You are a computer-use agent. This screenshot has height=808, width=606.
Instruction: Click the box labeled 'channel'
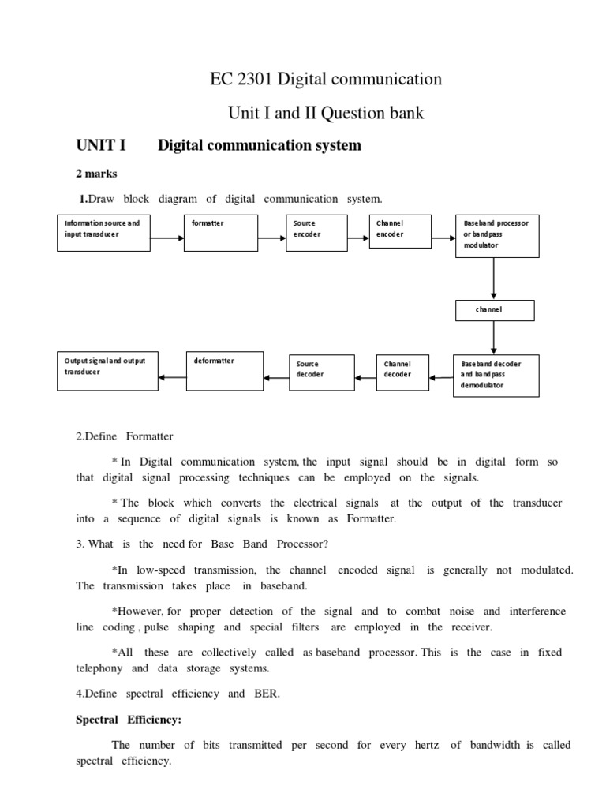tap(495, 310)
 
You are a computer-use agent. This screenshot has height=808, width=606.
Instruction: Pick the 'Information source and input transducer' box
tap(104, 233)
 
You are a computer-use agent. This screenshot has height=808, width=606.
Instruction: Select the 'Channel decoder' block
tap(405, 371)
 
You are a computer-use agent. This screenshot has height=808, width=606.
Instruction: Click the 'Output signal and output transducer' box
tap(107, 369)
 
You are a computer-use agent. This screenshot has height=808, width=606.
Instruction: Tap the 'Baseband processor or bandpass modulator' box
tap(497, 235)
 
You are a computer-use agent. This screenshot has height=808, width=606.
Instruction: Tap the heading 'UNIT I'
tap(100, 145)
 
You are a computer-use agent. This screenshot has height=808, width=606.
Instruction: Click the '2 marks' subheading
tap(95, 173)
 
